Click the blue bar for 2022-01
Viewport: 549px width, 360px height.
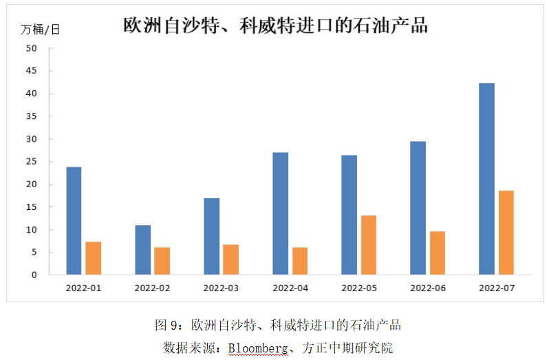(x=74, y=221)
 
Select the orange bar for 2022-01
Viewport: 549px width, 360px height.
(x=93, y=258)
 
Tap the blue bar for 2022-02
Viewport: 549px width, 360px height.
(x=142, y=250)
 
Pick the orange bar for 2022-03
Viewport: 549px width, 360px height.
(x=230, y=260)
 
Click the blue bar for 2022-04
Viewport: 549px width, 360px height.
(x=280, y=213)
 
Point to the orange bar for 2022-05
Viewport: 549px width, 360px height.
(x=368, y=245)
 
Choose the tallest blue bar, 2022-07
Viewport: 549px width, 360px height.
(x=486, y=179)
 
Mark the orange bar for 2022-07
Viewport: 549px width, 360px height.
(x=506, y=233)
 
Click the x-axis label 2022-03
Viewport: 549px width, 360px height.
(x=221, y=288)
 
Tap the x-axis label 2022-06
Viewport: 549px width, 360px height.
(x=427, y=288)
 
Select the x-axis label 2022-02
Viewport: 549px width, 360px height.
(x=152, y=288)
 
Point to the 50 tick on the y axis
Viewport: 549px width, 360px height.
(x=32, y=48)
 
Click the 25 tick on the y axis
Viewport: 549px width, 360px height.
(x=32, y=162)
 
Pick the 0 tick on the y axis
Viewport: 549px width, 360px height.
(x=34, y=275)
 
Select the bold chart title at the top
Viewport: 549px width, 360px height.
(x=275, y=25)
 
